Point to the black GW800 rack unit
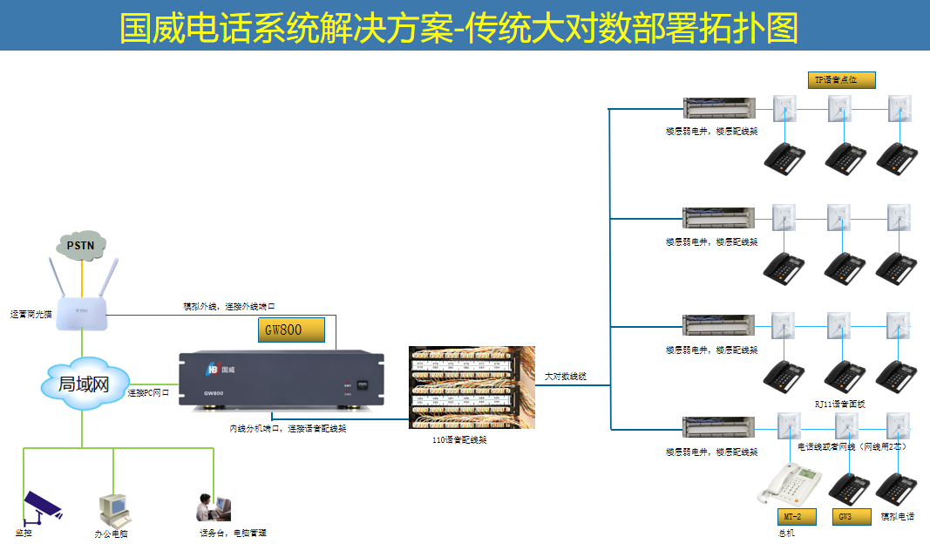[281, 377]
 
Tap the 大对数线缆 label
[566, 377]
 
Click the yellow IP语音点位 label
[840, 79]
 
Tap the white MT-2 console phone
[789, 482]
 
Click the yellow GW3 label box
[851, 516]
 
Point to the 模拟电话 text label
[898, 517]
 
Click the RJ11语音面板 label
[840, 404]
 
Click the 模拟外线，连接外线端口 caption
[229, 307]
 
